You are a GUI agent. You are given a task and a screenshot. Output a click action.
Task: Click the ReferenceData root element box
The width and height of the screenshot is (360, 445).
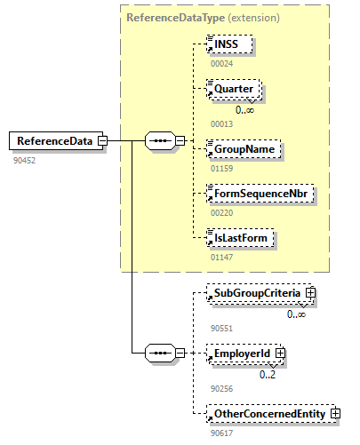pos(53,140)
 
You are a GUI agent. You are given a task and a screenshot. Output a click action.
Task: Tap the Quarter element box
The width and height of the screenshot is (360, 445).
pos(233,90)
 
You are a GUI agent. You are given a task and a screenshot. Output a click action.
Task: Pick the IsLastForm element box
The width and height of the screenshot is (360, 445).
pos(238,238)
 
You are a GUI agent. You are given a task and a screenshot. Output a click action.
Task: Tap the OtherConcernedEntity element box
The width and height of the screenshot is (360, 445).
pos(268,413)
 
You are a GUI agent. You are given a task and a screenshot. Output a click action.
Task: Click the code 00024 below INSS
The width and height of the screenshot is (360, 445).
pos(221,64)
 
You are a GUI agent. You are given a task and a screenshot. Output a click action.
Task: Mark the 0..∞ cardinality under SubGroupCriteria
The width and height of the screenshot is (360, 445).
pos(297,314)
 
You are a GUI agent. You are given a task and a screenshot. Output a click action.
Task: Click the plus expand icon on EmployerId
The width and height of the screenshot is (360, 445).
pos(280,354)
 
